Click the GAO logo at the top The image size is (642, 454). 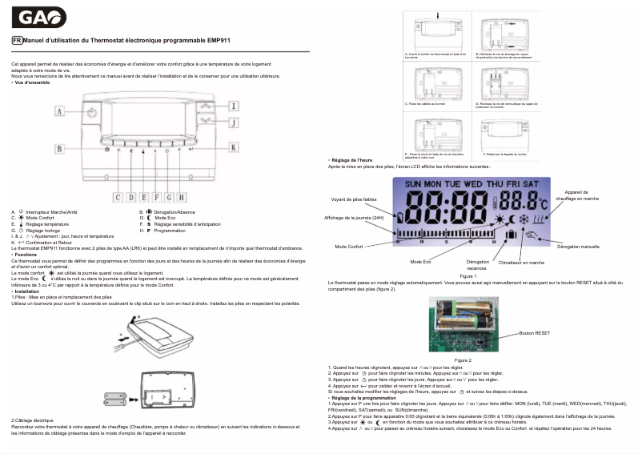pos(38,18)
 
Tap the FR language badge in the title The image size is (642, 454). pos(16,40)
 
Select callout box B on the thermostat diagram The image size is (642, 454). pos(60,148)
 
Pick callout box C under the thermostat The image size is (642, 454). pos(118,197)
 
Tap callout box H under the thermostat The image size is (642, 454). pos(182,197)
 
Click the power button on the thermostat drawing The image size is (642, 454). pos(93,113)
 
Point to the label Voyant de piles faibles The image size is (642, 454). pos(353,199)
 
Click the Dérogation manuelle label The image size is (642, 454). pos(578,247)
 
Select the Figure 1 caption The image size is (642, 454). pos(468,275)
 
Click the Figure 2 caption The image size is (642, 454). pos(463,360)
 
